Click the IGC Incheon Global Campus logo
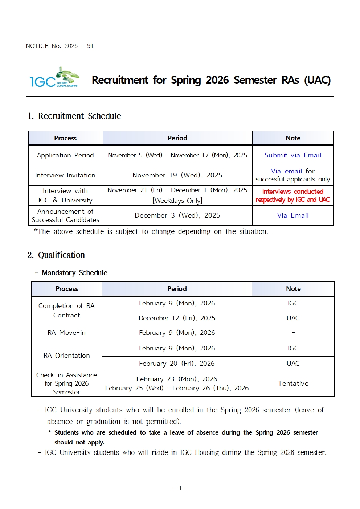[x=54, y=78]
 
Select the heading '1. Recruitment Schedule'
[x=74, y=116]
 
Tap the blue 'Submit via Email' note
[x=293, y=155]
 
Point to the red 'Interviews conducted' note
[x=292, y=192]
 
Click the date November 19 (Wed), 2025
[x=177, y=175]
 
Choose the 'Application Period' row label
[x=65, y=155]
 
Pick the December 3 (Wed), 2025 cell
[x=177, y=215]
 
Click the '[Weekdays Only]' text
[x=177, y=201]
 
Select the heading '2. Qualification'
[x=56, y=255]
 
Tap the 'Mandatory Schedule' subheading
[x=74, y=273]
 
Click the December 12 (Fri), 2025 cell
[x=177, y=318]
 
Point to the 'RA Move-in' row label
[x=66, y=333]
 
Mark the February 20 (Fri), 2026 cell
[x=177, y=364]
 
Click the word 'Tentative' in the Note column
[x=293, y=383]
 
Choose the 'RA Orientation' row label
[x=66, y=356]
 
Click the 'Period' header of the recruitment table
[x=177, y=138]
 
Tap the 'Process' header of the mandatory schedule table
[x=67, y=289]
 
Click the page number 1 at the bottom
[x=180, y=488]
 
